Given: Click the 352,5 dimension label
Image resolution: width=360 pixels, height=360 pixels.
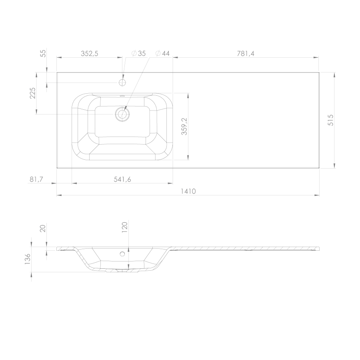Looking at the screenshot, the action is point(89,53).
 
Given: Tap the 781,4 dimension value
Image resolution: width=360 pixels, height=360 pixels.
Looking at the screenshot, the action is point(246,53).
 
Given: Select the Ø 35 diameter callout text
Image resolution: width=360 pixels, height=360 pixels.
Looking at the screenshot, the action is point(138,53).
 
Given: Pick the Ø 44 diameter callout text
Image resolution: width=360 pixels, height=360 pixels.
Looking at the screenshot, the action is point(162,53).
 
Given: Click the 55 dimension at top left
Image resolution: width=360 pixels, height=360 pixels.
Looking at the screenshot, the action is point(43,53).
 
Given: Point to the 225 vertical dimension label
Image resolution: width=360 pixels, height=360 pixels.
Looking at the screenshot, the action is point(33,93).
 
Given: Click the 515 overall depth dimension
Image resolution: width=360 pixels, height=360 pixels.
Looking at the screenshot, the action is point(331,120).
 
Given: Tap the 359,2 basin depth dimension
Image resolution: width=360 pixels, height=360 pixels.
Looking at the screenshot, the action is point(184,126).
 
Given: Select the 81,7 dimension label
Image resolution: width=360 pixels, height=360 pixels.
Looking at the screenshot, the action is point(36,179).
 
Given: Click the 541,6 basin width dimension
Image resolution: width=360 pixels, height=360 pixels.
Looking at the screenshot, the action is point(122,179).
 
